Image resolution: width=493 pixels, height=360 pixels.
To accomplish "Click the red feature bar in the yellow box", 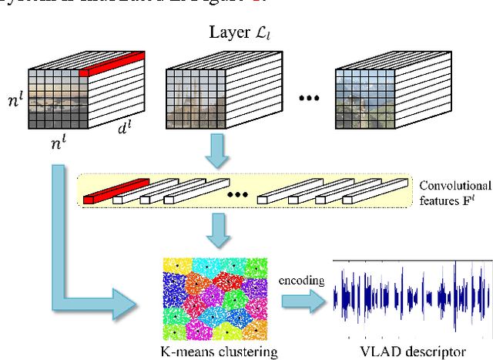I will click(x=115, y=192).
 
